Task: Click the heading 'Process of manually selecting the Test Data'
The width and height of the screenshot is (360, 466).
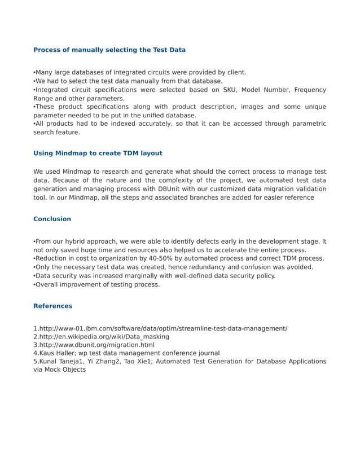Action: (x=109, y=50)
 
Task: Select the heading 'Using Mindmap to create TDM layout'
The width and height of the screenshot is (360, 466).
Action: (x=98, y=153)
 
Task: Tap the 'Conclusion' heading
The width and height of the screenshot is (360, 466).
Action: (x=52, y=218)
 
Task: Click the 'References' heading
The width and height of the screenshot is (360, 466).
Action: (x=52, y=306)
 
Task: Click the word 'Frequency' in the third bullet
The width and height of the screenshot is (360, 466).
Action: (x=309, y=90)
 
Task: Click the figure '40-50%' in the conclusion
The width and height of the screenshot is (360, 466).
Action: (x=148, y=258)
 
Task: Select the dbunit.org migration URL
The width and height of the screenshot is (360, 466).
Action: (x=96, y=345)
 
